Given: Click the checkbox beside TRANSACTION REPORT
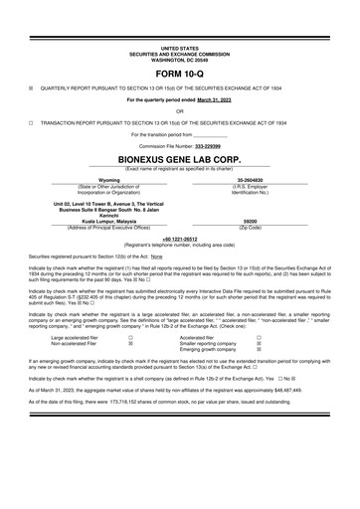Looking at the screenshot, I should pos(33,122).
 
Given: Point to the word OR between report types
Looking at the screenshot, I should pos(179,110).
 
